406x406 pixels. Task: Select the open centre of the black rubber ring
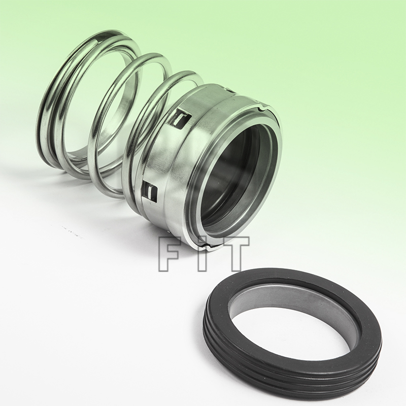[x=289, y=330]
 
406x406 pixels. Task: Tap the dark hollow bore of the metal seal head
[x=233, y=173]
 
